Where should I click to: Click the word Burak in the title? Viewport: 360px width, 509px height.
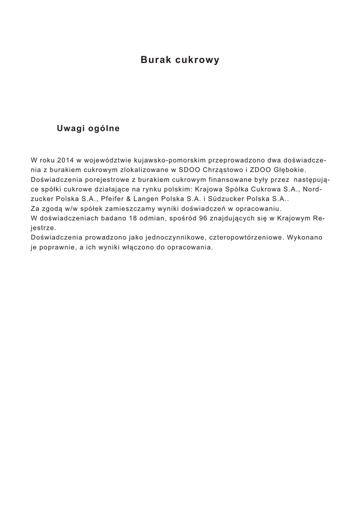[155, 60]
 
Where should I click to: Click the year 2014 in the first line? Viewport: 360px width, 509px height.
[66, 161]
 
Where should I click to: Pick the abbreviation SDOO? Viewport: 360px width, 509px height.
[188, 170]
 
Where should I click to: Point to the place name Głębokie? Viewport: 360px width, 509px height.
[295, 170]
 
